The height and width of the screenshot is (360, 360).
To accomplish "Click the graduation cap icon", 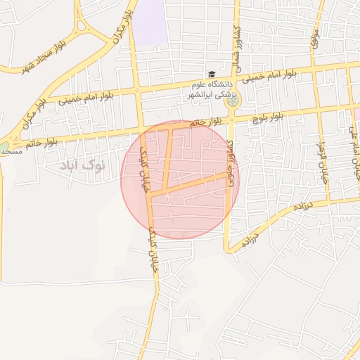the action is coord(210,74).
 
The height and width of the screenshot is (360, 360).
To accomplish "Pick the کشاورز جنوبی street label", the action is coord(230,162).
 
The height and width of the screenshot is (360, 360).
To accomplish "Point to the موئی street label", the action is coord(315,38).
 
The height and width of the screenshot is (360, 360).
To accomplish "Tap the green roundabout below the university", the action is coord(231,103).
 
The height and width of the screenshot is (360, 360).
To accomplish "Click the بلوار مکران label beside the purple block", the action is coord(119,28).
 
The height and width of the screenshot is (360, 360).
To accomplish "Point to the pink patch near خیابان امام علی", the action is coord(356,113).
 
